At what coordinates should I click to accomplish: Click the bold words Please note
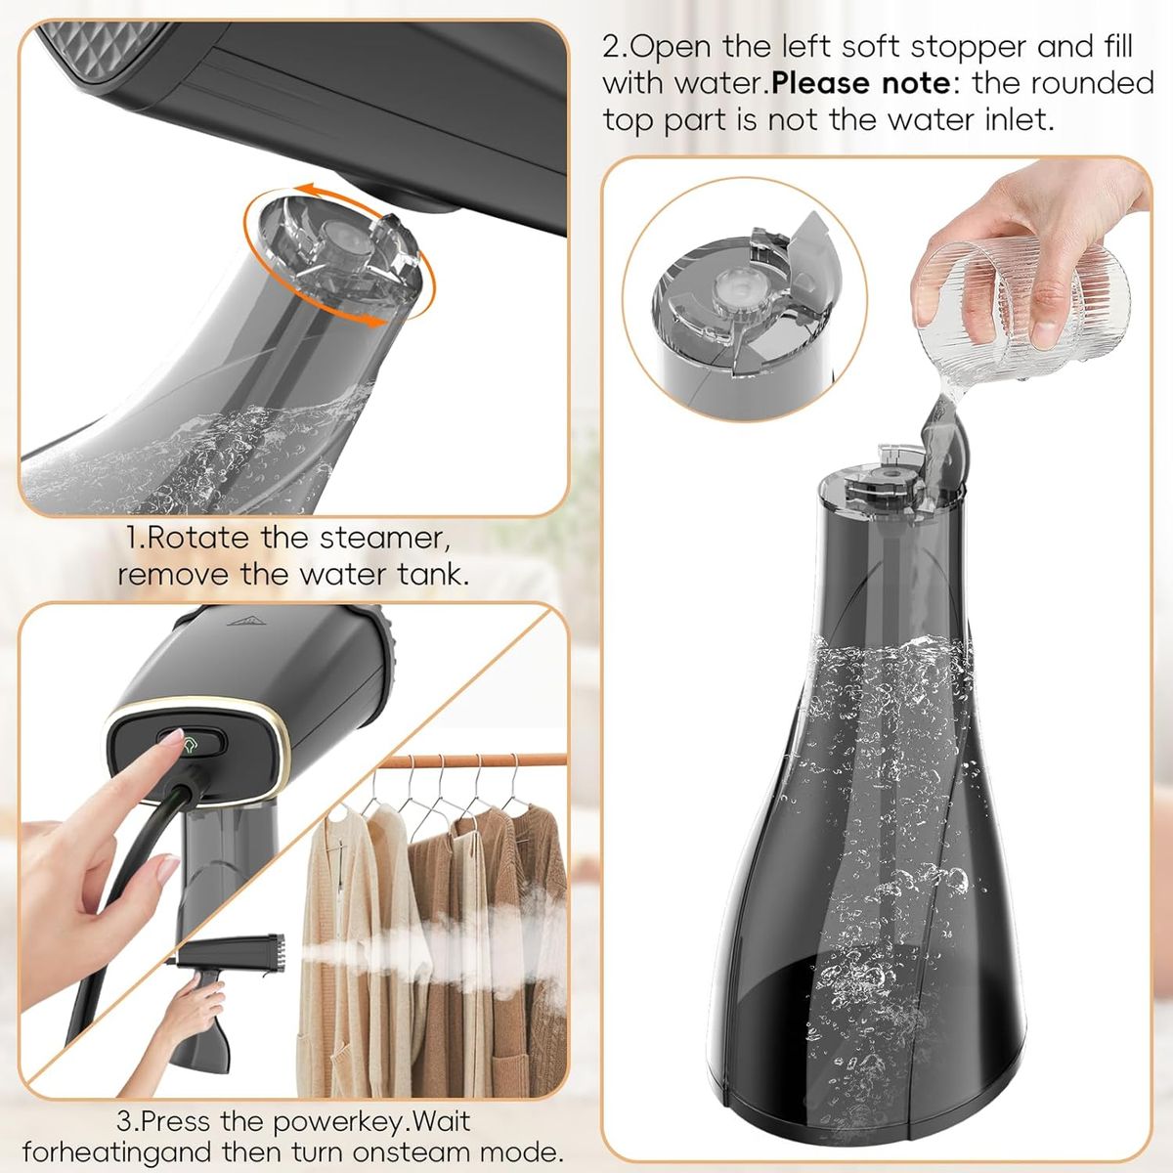point(860,83)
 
